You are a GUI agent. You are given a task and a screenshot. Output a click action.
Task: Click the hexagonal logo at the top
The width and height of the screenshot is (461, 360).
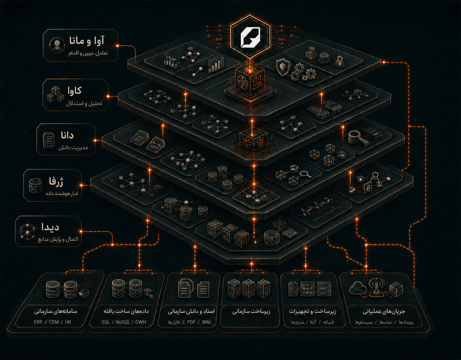[250, 36]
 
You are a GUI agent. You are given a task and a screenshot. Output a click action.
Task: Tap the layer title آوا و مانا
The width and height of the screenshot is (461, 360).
[87, 41]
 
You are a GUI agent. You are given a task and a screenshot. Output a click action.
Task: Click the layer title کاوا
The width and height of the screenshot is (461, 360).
[75, 91]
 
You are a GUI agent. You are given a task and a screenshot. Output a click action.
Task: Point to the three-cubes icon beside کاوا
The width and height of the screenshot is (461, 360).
[55, 94]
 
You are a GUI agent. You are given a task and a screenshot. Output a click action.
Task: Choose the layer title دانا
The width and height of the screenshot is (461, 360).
[67, 135]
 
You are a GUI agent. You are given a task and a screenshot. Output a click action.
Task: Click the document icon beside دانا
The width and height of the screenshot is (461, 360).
[49, 140]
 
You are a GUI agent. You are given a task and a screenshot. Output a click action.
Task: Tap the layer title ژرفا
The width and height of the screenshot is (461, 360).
[56, 182]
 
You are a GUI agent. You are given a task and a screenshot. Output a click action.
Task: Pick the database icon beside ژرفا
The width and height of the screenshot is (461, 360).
[35, 186]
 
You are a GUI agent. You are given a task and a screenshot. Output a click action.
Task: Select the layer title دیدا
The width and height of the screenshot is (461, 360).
[50, 227]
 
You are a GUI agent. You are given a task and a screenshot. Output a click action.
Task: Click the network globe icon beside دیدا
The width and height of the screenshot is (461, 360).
[27, 232]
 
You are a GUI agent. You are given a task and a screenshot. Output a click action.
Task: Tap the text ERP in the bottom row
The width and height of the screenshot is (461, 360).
[38, 322]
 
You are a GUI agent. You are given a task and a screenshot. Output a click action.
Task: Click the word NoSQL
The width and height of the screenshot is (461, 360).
[122, 322]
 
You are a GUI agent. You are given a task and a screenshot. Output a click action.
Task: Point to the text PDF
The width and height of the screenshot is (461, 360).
[191, 322]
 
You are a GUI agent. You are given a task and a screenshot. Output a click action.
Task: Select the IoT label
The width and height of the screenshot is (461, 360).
[313, 322]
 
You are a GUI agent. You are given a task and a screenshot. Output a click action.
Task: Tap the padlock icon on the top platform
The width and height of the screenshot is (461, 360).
[339, 61]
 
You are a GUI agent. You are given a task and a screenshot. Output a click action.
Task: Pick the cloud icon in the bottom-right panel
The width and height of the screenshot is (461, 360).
[358, 288]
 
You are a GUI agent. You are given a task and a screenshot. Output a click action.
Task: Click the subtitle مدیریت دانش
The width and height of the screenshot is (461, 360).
[73, 147]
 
